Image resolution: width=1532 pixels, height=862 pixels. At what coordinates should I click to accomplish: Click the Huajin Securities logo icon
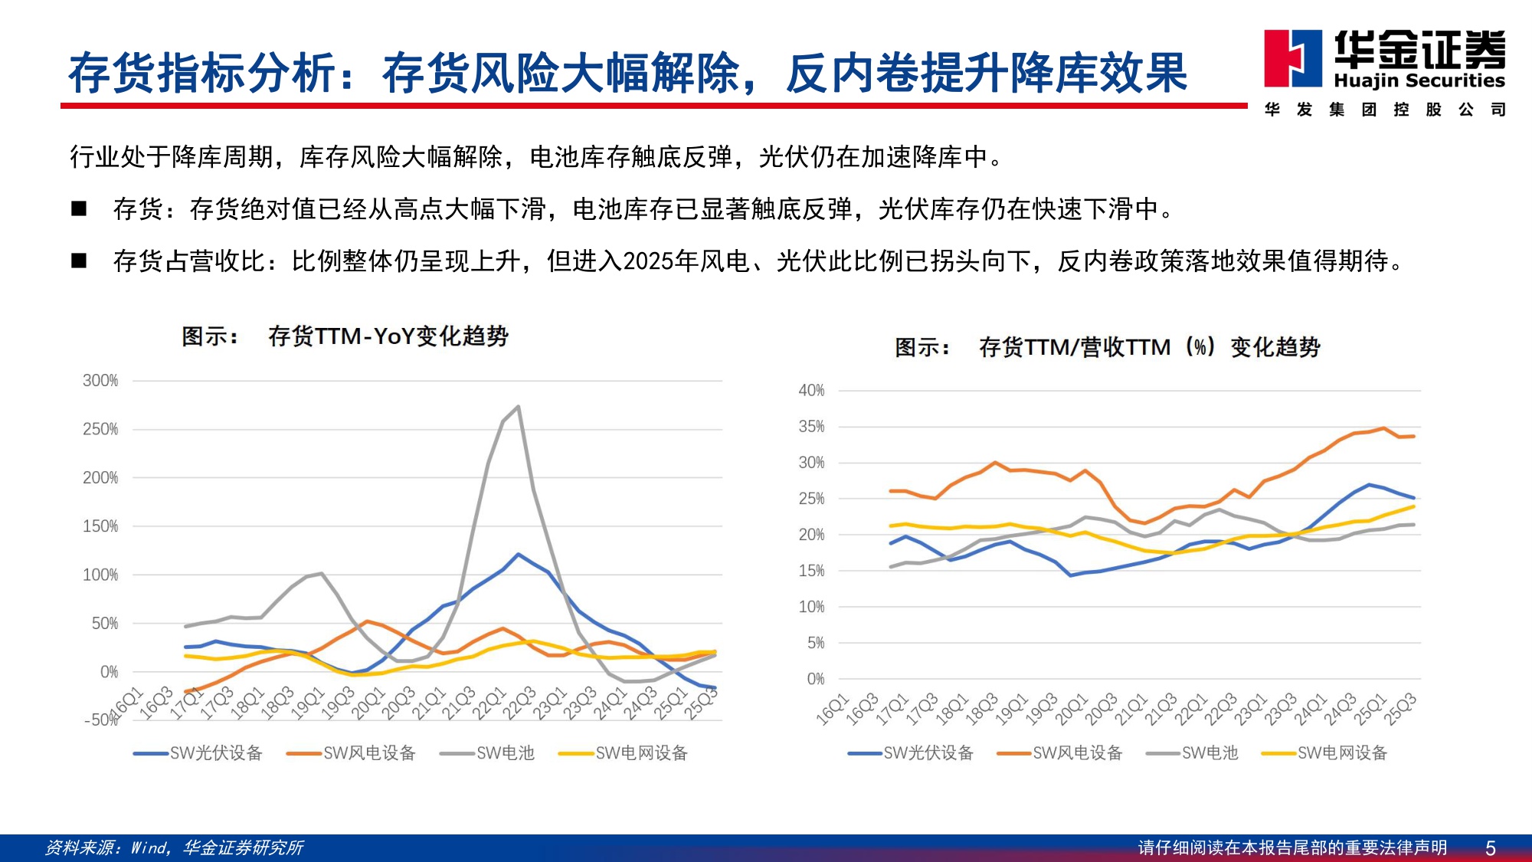pyautogui.click(x=1292, y=58)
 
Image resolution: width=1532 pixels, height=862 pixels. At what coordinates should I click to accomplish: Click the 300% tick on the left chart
pyautogui.click(x=100, y=381)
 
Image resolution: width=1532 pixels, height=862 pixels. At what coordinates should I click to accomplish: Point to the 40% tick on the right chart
pyautogui.click(x=811, y=391)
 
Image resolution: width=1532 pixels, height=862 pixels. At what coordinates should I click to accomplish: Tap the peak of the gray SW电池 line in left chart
pyautogui.click(x=519, y=407)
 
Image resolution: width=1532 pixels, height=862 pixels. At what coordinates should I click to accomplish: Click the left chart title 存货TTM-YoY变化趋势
pyautogui.click(x=388, y=336)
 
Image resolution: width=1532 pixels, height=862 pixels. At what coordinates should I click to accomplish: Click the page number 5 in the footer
pyautogui.click(x=1490, y=848)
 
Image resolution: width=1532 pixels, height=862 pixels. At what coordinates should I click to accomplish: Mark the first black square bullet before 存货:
pyautogui.click(x=79, y=208)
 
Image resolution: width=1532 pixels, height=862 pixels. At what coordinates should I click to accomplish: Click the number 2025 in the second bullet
pyautogui.click(x=649, y=262)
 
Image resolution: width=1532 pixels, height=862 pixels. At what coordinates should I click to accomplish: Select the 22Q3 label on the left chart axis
pyautogui.click(x=520, y=703)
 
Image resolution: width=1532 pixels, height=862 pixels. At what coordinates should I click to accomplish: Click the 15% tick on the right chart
pyautogui.click(x=811, y=571)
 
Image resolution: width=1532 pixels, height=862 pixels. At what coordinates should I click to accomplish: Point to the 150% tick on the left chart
pyautogui.click(x=100, y=526)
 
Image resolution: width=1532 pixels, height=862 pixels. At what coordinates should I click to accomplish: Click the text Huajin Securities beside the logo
pyautogui.click(x=1419, y=80)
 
